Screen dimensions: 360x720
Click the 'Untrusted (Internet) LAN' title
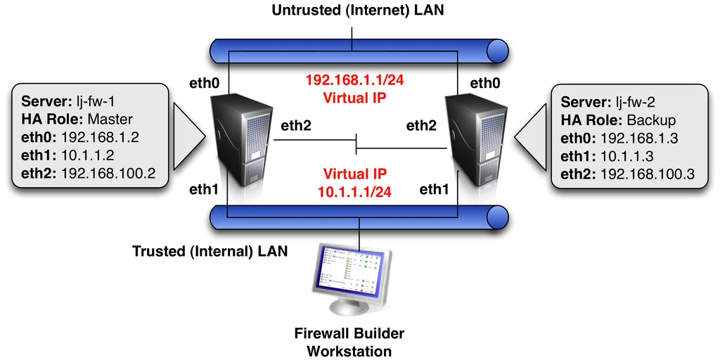[x=359, y=12]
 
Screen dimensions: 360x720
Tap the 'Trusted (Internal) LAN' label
[x=210, y=251]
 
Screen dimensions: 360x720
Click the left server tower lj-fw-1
[x=243, y=141]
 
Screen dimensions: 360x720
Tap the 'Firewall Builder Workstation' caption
[x=349, y=341]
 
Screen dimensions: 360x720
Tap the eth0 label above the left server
[x=205, y=83]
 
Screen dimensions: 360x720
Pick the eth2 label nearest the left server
[x=297, y=127]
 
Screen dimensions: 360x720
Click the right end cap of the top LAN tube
[x=498, y=50]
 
